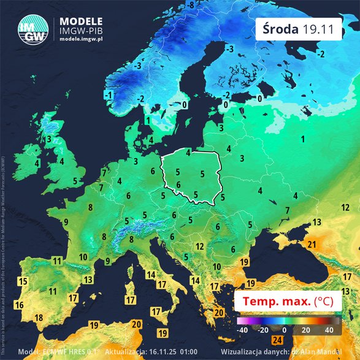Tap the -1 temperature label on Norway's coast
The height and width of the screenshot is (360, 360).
[109, 95]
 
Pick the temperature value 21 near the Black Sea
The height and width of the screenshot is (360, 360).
[312, 245]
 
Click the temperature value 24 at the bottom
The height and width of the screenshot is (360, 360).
[277, 340]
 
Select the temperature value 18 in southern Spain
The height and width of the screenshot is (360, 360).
[39, 317]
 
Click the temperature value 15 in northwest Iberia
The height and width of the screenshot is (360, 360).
[23, 282]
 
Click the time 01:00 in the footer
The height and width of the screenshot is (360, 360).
[188, 353]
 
